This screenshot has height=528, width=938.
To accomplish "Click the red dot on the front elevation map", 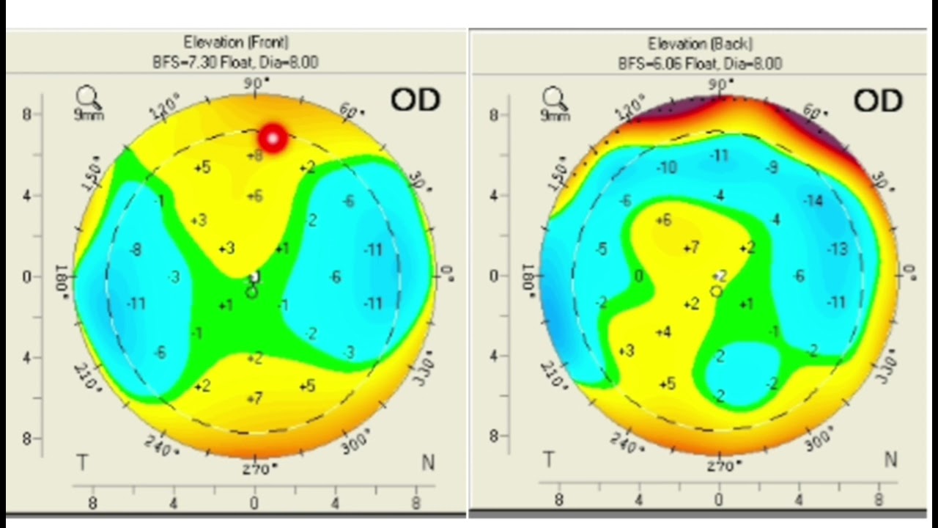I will coord(273,138).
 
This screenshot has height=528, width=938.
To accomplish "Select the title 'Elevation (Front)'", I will coord(235,43).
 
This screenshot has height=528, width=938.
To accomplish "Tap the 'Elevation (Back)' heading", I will coord(700,44).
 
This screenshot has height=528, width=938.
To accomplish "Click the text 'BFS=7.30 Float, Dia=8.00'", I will coord(235,62).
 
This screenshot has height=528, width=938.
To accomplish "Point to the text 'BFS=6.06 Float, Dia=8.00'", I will coord(700,64).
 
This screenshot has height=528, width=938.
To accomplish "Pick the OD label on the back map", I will coord(877,101).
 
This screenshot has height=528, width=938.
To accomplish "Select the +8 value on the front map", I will coord(254,155).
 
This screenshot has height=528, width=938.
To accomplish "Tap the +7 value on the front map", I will coord(254,398).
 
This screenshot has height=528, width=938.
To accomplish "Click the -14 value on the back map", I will coord(813,200).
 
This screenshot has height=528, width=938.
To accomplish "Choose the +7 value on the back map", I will coord(690,249).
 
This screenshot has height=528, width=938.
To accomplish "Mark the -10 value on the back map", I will coord(666,168).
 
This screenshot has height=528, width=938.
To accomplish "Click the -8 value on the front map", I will coord(135,250).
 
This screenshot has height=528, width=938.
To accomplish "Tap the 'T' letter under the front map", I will coord(82,463).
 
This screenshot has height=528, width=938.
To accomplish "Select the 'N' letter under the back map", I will coord(890,460).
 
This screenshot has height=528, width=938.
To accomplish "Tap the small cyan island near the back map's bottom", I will coord(740,370).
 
